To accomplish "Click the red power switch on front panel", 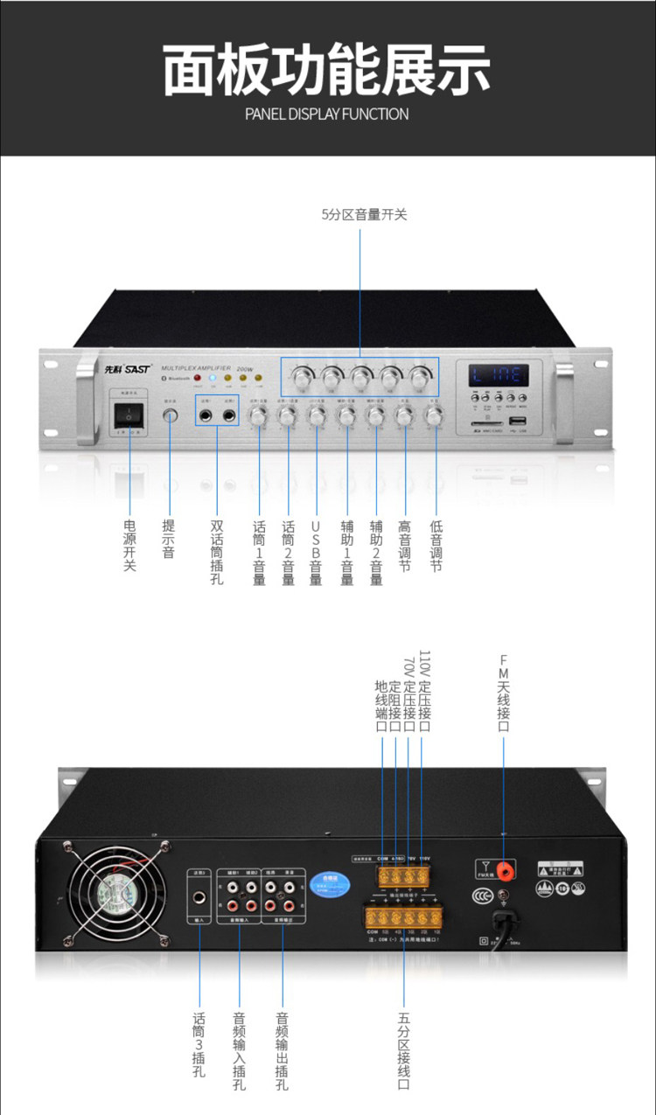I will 129,415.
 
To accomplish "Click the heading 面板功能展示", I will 327,72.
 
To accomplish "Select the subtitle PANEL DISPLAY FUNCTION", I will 327,114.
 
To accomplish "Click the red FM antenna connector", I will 504,868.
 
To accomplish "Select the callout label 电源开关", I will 130,547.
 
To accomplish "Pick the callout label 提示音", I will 169,540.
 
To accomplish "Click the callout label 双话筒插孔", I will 217,553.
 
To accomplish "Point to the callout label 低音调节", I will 436,547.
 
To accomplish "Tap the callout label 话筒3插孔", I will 199,1044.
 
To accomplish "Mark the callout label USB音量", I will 316,553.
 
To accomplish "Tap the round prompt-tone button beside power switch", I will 170,416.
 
